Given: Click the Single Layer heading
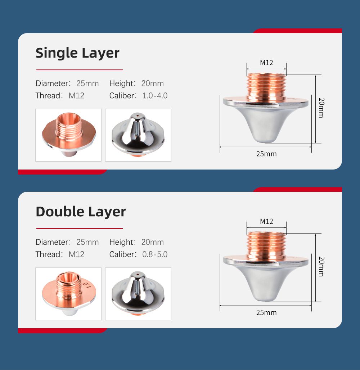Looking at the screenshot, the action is tap(77, 53).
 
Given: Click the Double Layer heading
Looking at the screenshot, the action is tap(81, 212).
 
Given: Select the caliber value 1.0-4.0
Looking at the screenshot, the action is tap(155, 96).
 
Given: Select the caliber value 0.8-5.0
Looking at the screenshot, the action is tap(155, 254).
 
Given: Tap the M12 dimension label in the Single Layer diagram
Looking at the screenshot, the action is tap(266, 63).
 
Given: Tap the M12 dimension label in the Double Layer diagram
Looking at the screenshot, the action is tap(266, 221).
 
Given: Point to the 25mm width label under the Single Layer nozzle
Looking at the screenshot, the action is tap(266, 154).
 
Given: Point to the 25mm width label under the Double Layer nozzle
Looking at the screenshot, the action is tap(266, 313).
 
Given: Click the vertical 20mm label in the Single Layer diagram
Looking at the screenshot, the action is tap(321, 108).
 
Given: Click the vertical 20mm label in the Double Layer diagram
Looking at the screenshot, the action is tap(321, 266).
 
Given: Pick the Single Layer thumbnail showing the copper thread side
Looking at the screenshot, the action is tap(68, 135).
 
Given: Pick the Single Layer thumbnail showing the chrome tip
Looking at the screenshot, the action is tap(138, 135).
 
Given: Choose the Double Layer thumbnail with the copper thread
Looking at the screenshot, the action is tap(68, 294).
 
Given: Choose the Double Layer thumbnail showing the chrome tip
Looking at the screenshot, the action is tap(138, 294).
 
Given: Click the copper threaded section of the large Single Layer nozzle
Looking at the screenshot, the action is tap(266, 87).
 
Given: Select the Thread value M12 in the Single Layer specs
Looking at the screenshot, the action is tap(76, 96).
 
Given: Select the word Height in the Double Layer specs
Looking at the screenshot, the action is tap(121, 242).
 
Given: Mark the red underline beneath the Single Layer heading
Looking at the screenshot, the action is tap(80, 70).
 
